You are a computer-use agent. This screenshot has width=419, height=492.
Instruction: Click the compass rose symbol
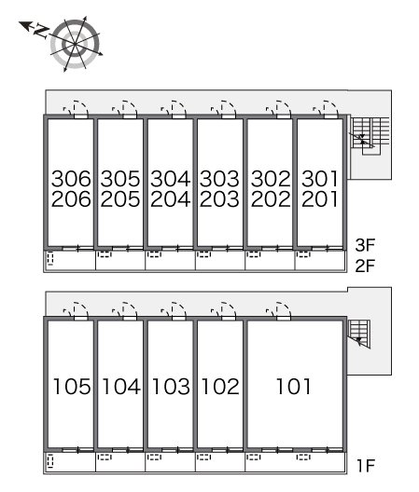[76, 44]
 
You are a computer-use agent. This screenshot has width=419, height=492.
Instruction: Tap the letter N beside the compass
[41, 31]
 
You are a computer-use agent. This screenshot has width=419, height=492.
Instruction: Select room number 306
[71, 179]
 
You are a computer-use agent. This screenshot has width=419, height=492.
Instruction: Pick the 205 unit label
[120, 199]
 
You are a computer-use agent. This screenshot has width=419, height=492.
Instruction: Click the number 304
[171, 179]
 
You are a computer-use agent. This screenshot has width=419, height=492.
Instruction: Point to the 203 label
[219, 199]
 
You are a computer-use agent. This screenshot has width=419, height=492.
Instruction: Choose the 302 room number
[271, 179]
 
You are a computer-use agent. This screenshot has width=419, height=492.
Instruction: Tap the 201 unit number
[320, 199]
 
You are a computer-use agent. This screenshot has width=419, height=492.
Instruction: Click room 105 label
[72, 387]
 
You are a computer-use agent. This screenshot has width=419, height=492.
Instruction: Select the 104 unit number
[121, 387]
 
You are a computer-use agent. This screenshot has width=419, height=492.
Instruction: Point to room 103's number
[171, 387]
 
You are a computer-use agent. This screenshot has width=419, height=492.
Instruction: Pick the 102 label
[220, 387]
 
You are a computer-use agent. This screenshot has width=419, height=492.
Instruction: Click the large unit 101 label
[294, 387]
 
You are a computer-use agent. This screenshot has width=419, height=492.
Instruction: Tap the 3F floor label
[365, 245]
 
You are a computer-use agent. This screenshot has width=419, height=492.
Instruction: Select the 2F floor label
[365, 266]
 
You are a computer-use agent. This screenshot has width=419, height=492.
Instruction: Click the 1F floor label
[367, 466]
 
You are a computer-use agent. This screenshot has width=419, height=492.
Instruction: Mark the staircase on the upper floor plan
[370, 135]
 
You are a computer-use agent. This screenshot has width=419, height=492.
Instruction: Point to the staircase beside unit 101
[359, 334]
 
